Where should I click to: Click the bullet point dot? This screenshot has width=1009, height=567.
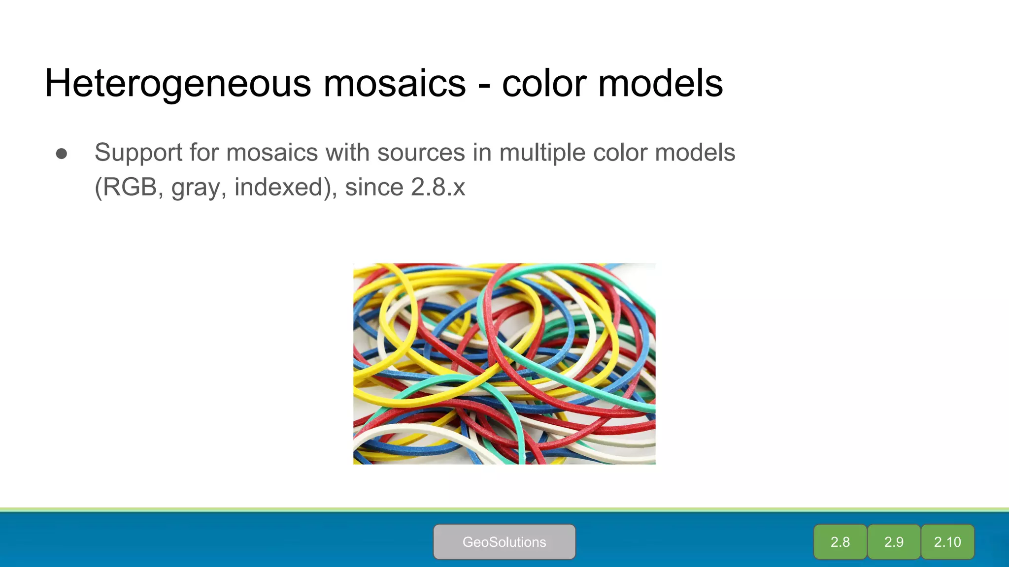click(x=62, y=154)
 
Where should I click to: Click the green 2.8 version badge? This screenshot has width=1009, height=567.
click(x=840, y=542)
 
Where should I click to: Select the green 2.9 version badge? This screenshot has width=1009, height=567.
click(x=894, y=542)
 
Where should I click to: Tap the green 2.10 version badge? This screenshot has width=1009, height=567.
click(x=947, y=542)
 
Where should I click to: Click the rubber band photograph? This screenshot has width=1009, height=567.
click(x=504, y=364)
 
